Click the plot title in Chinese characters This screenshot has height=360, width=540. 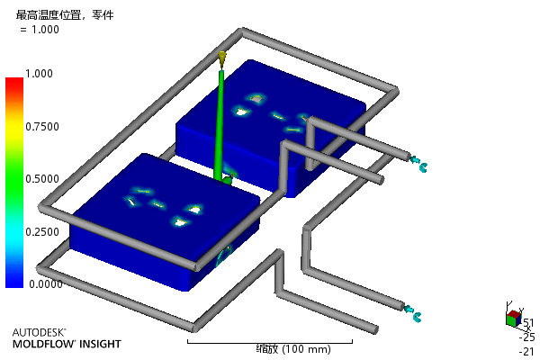coord(65,14)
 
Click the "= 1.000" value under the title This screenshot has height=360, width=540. coord(40,30)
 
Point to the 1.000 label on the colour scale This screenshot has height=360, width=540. coord(39,74)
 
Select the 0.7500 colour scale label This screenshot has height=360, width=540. coord(42,126)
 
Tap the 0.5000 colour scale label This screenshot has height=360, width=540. coord(42,179)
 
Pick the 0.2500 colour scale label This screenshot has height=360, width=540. coord(42,232)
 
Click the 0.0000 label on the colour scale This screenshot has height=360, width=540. coord(46,284)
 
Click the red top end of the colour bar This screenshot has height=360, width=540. coord(14,81)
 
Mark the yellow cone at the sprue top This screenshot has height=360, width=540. coord(222,58)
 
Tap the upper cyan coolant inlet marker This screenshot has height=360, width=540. coord(418,164)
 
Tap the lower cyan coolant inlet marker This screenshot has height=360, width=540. coord(412,313)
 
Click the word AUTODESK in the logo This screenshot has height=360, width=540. coord(39,332)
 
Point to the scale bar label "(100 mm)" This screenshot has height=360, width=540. coord(307,349)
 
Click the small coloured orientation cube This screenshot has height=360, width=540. coord(514,319)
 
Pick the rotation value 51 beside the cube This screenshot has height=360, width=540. coord(528,323)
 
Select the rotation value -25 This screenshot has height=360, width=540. coord(526,337)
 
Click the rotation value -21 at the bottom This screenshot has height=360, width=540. coord(526,351)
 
